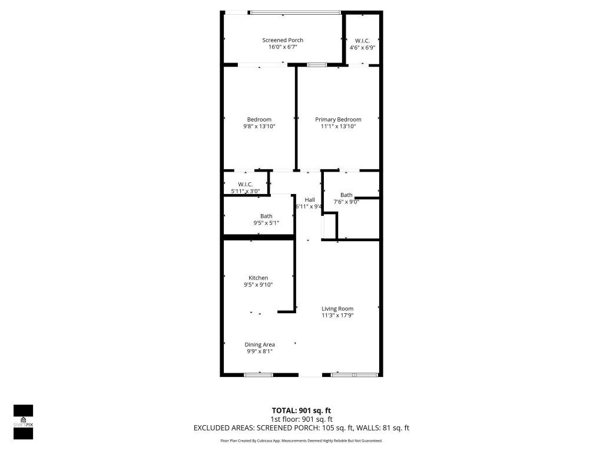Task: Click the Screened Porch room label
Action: click(x=283, y=40)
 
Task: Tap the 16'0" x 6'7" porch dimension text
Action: click(x=283, y=47)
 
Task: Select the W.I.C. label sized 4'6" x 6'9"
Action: click(x=362, y=40)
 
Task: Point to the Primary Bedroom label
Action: click(x=338, y=119)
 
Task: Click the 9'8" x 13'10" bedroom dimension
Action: click(x=259, y=126)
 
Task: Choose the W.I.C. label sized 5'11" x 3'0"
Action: click(x=245, y=184)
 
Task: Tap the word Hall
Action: click(x=309, y=200)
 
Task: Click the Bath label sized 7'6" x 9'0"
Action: click(x=346, y=195)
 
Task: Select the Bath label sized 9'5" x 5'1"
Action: click(x=266, y=216)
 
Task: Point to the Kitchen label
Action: click(x=258, y=278)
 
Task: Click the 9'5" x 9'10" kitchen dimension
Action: click(x=258, y=285)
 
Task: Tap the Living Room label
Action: click(x=337, y=308)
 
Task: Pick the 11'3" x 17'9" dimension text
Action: click(x=337, y=316)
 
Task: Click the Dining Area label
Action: click(x=260, y=344)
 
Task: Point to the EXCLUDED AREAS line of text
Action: click(x=301, y=428)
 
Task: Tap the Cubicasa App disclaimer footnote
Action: click(x=301, y=441)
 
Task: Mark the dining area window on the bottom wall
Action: click(x=259, y=375)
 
